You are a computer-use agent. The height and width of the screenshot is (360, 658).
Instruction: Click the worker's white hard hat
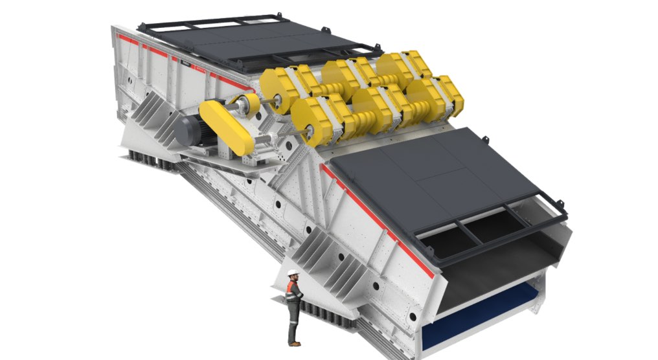pyautogui.click(x=293, y=273)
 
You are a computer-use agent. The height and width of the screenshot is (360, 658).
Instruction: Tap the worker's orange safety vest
pyautogui.click(x=293, y=291)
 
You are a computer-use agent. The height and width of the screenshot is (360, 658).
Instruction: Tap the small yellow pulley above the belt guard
pyautogui.click(x=247, y=102)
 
